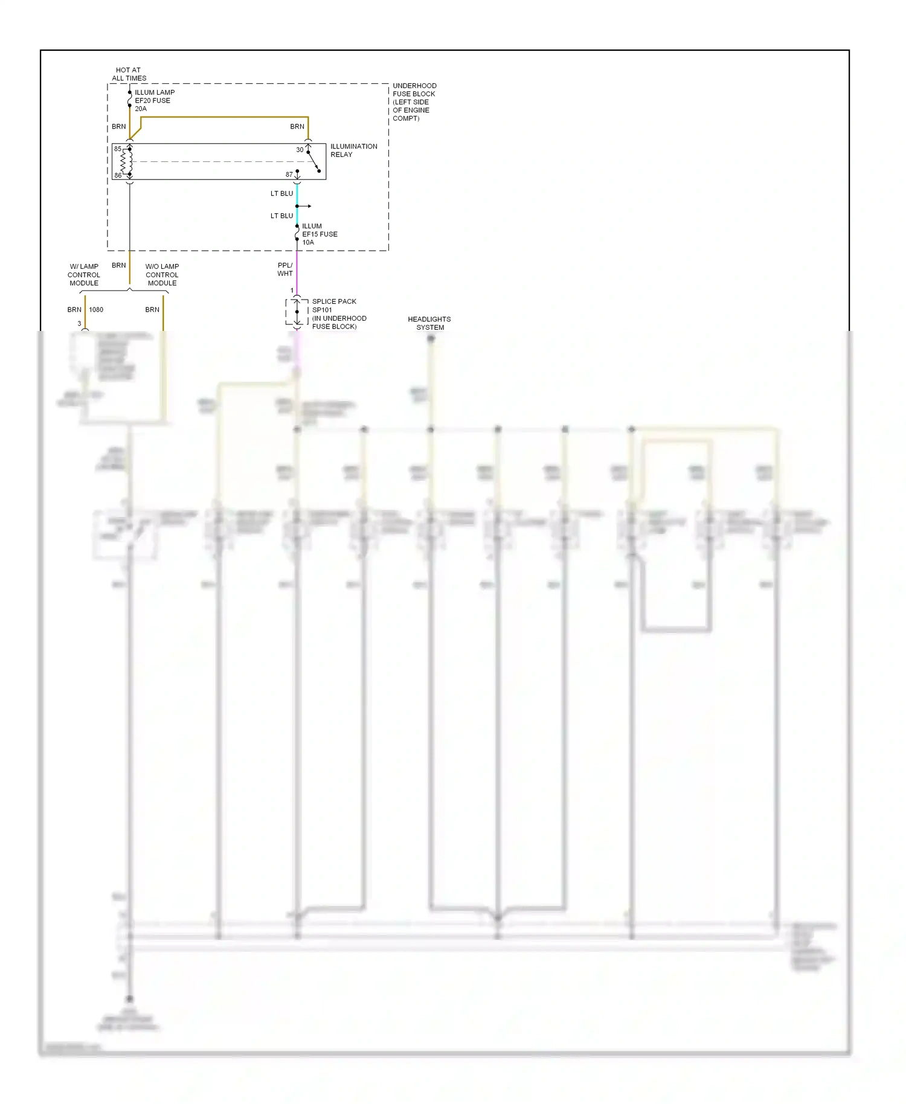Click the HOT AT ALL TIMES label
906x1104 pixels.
click(x=129, y=74)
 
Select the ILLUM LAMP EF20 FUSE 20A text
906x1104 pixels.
click(x=154, y=101)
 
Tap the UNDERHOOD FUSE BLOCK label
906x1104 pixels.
click(x=414, y=102)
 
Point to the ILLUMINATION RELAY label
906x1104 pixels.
click(x=353, y=150)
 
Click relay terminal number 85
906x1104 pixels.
click(x=118, y=149)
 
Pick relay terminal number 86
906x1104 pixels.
click(x=118, y=176)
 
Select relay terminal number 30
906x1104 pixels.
click(x=300, y=150)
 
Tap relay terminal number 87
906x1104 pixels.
click(x=289, y=175)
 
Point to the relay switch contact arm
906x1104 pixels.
click(x=314, y=162)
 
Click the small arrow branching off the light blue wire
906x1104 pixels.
click(x=306, y=207)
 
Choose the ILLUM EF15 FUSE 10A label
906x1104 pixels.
click(x=319, y=234)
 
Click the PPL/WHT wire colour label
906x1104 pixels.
click(x=285, y=269)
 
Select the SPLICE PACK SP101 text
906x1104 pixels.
click(x=334, y=306)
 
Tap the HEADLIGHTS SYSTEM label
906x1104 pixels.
click(x=429, y=323)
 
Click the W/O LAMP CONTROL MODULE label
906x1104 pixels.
click(x=162, y=275)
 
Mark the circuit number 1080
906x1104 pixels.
click(x=96, y=310)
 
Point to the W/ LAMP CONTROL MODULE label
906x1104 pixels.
click(x=84, y=275)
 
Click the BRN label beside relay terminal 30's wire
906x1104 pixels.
click(x=297, y=127)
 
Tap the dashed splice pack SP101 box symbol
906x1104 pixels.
click(x=297, y=312)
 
